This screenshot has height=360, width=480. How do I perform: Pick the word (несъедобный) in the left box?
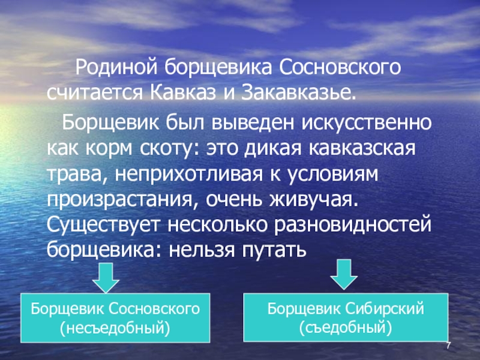pyautogui.click(x=115, y=328)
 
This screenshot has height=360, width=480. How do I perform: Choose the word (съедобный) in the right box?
pyautogui.click(x=346, y=328)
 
